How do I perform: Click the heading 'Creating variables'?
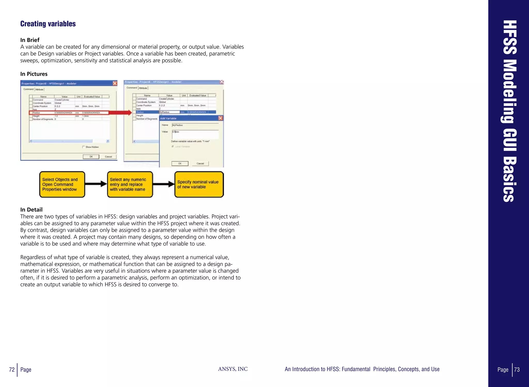pyautogui.click(x=48, y=24)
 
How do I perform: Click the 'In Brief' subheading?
pyautogui.click(x=30, y=40)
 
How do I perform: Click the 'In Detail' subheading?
pyautogui.click(x=32, y=210)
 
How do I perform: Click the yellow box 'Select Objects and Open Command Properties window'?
pyautogui.click(x=62, y=185)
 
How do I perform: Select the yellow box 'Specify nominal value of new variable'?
pyautogui.click(x=199, y=185)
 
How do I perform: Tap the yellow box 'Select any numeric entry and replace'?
pyautogui.click(x=130, y=185)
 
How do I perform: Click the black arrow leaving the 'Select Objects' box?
pyautogui.click(x=96, y=184)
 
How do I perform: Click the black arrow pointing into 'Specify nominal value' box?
pyautogui.click(x=164, y=184)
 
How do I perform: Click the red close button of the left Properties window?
pyautogui.click(x=115, y=84)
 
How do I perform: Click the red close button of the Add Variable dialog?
pyautogui.click(x=220, y=118)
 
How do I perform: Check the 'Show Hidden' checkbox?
pyautogui.click(x=83, y=147)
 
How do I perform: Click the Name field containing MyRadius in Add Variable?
pyautogui.click(x=195, y=125)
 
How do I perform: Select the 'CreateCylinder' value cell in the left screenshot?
pyautogui.click(x=62, y=100)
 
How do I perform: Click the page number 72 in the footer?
pyautogui.click(x=12, y=370)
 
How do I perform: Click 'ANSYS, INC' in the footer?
pyautogui.click(x=233, y=369)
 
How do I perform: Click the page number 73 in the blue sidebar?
pyautogui.click(x=517, y=370)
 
